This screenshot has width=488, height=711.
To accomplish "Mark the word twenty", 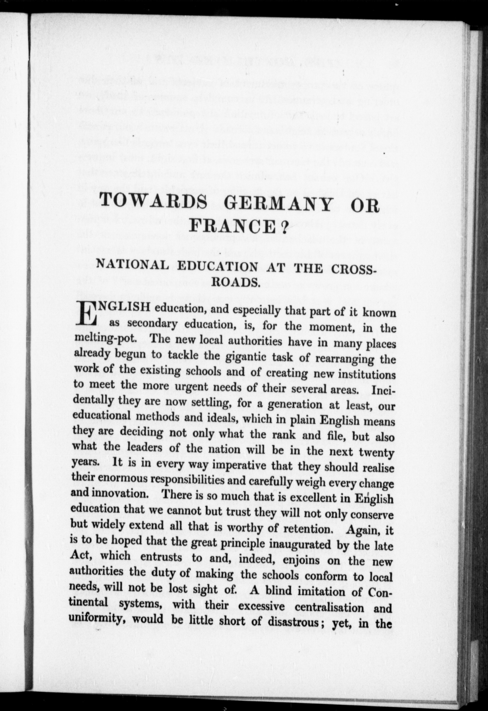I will point(376,452).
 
